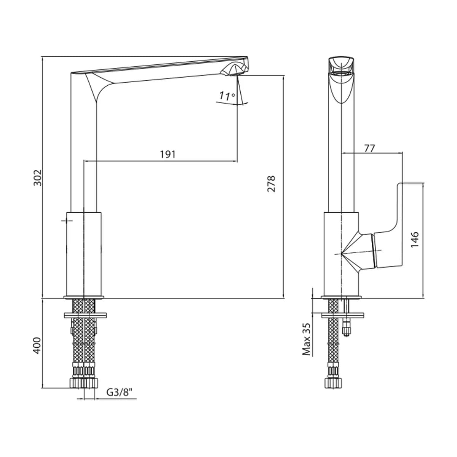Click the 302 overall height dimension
point(37,177)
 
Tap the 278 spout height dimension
point(271,184)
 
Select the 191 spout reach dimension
point(168,155)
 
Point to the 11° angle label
point(227,96)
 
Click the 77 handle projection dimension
point(369,149)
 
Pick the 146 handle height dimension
point(415,240)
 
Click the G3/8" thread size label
point(119,392)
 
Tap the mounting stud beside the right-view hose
point(347,318)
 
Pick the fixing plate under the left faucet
point(85,315)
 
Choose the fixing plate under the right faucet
point(343,315)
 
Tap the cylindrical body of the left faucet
point(84,254)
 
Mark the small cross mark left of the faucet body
point(67,221)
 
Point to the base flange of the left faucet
point(84,297)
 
